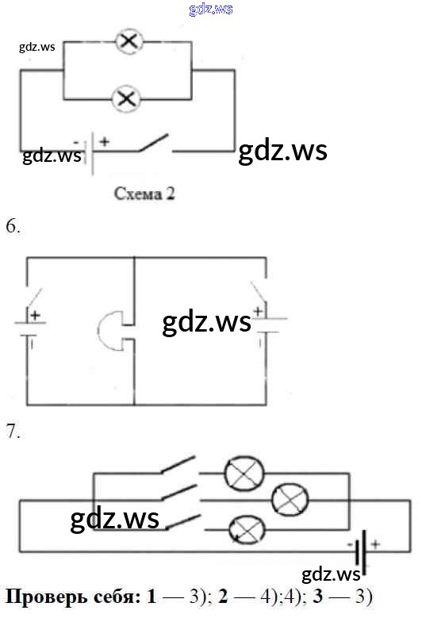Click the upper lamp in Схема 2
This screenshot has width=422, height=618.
pyautogui.click(x=129, y=41)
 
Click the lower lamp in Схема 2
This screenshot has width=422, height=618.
pyautogui.click(x=125, y=98)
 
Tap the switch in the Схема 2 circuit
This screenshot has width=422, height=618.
pyautogui.click(x=154, y=143)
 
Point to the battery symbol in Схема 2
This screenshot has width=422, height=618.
pyautogui.click(x=90, y=153)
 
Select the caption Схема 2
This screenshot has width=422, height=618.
pyautogui.click(x=144, y=194)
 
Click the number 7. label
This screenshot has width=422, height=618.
pyautogui.click(x=13, y=432)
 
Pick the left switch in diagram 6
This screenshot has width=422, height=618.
pyautogui.click(x=34, y=297)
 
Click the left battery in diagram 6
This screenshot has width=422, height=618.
pyautogui.click(x=30, y=328)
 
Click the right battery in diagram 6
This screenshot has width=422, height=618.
pyautogui.click(x=269, y=324)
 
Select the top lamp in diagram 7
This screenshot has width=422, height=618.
pyautogui.click(x=244, y=474)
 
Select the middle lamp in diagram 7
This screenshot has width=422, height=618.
pyautogui.click(x=290, y=499)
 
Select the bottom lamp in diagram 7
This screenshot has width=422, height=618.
pyautogui.click(x=247, y=530)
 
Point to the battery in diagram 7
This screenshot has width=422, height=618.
pyautogui.click(x=363, y=549)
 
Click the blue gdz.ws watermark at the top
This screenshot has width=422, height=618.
pyautogui.click(x=211, y=8)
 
